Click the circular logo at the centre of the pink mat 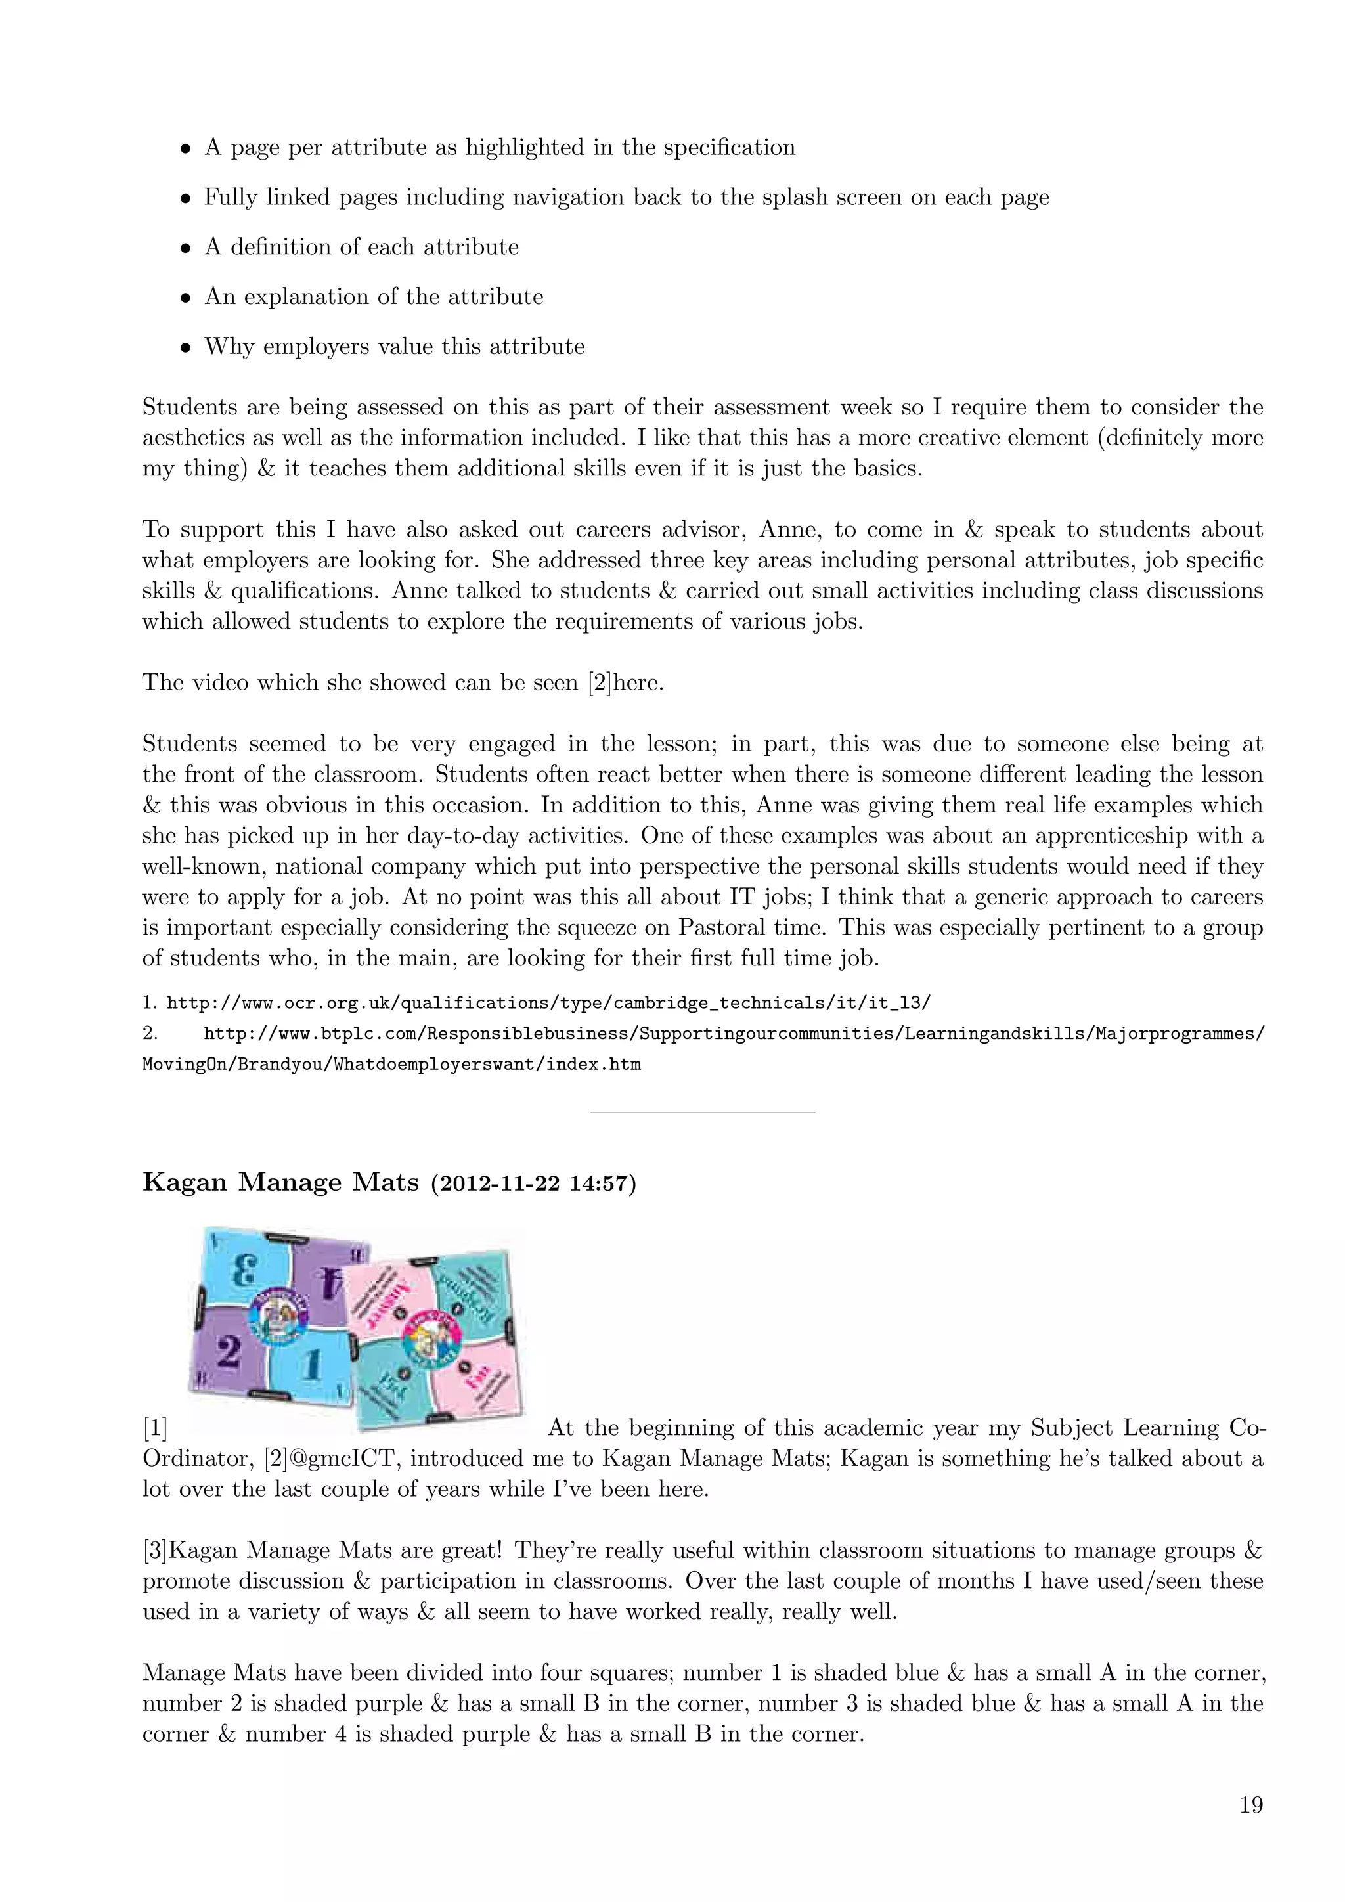(x=431, y=1335)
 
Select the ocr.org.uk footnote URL (x=548, y=1003)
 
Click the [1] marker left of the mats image (x=155, y=1428)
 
